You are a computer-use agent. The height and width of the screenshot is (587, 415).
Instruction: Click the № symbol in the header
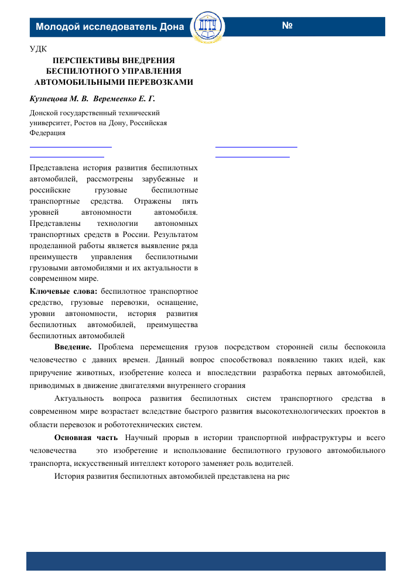click(x=287, y=26)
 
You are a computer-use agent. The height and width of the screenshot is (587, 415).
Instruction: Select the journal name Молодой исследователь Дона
click(x=109, y=27)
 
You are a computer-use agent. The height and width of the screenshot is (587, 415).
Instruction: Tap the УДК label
click(x=38, y=49)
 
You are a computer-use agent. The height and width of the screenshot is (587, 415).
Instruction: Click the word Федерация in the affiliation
click(x=47, y=132)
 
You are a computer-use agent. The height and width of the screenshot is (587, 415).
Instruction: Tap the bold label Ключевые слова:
click(x=63, y=291)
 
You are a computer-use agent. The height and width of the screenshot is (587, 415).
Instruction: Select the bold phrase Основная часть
click(x=85, y=438)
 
